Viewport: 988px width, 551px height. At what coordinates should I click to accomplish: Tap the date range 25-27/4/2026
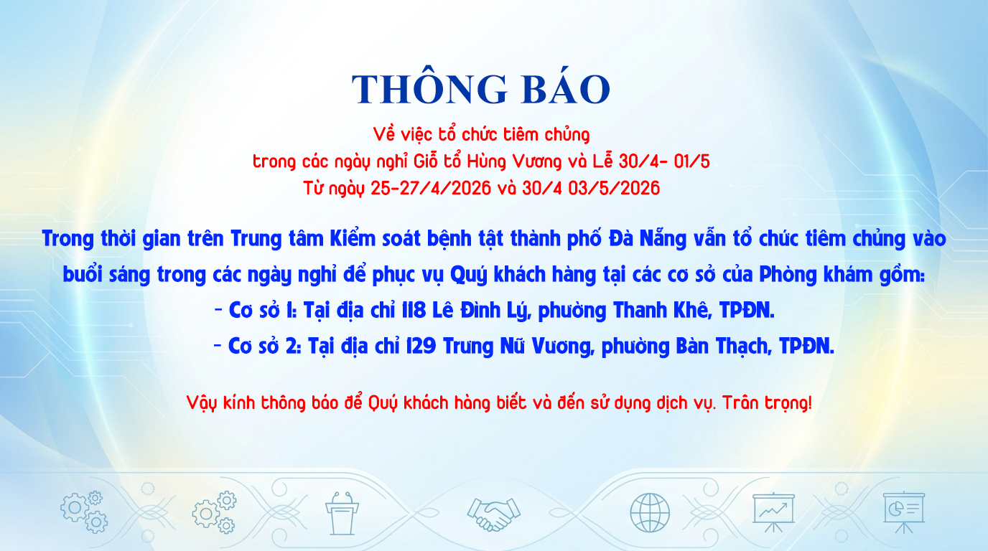pyautogui.click(x=431, y=188)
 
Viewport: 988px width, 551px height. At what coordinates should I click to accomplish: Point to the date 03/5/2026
pyautogui.click(x=614, y=188)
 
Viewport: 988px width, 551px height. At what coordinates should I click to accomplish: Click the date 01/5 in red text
pyautogui.click(x=691, y=161)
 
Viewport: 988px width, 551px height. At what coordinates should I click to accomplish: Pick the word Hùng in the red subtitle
pyautogui.click(x=487, y=161)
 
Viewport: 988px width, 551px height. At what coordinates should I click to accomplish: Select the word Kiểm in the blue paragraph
pyautogui.click(x=353, y=238)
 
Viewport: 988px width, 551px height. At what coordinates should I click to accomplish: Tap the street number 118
pyautogui.click(x=414, y=311)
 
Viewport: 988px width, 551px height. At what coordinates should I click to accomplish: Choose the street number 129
pyautogui.click(x=421, y=346)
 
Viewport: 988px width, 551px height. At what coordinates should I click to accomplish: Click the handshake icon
pyautogui.click(x=493, y=514)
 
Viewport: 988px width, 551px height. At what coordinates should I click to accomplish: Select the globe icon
pyautogui.click(x=650, y=513)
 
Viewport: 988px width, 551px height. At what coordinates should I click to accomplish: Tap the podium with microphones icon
pyautogui.click(x=341, y=513)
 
